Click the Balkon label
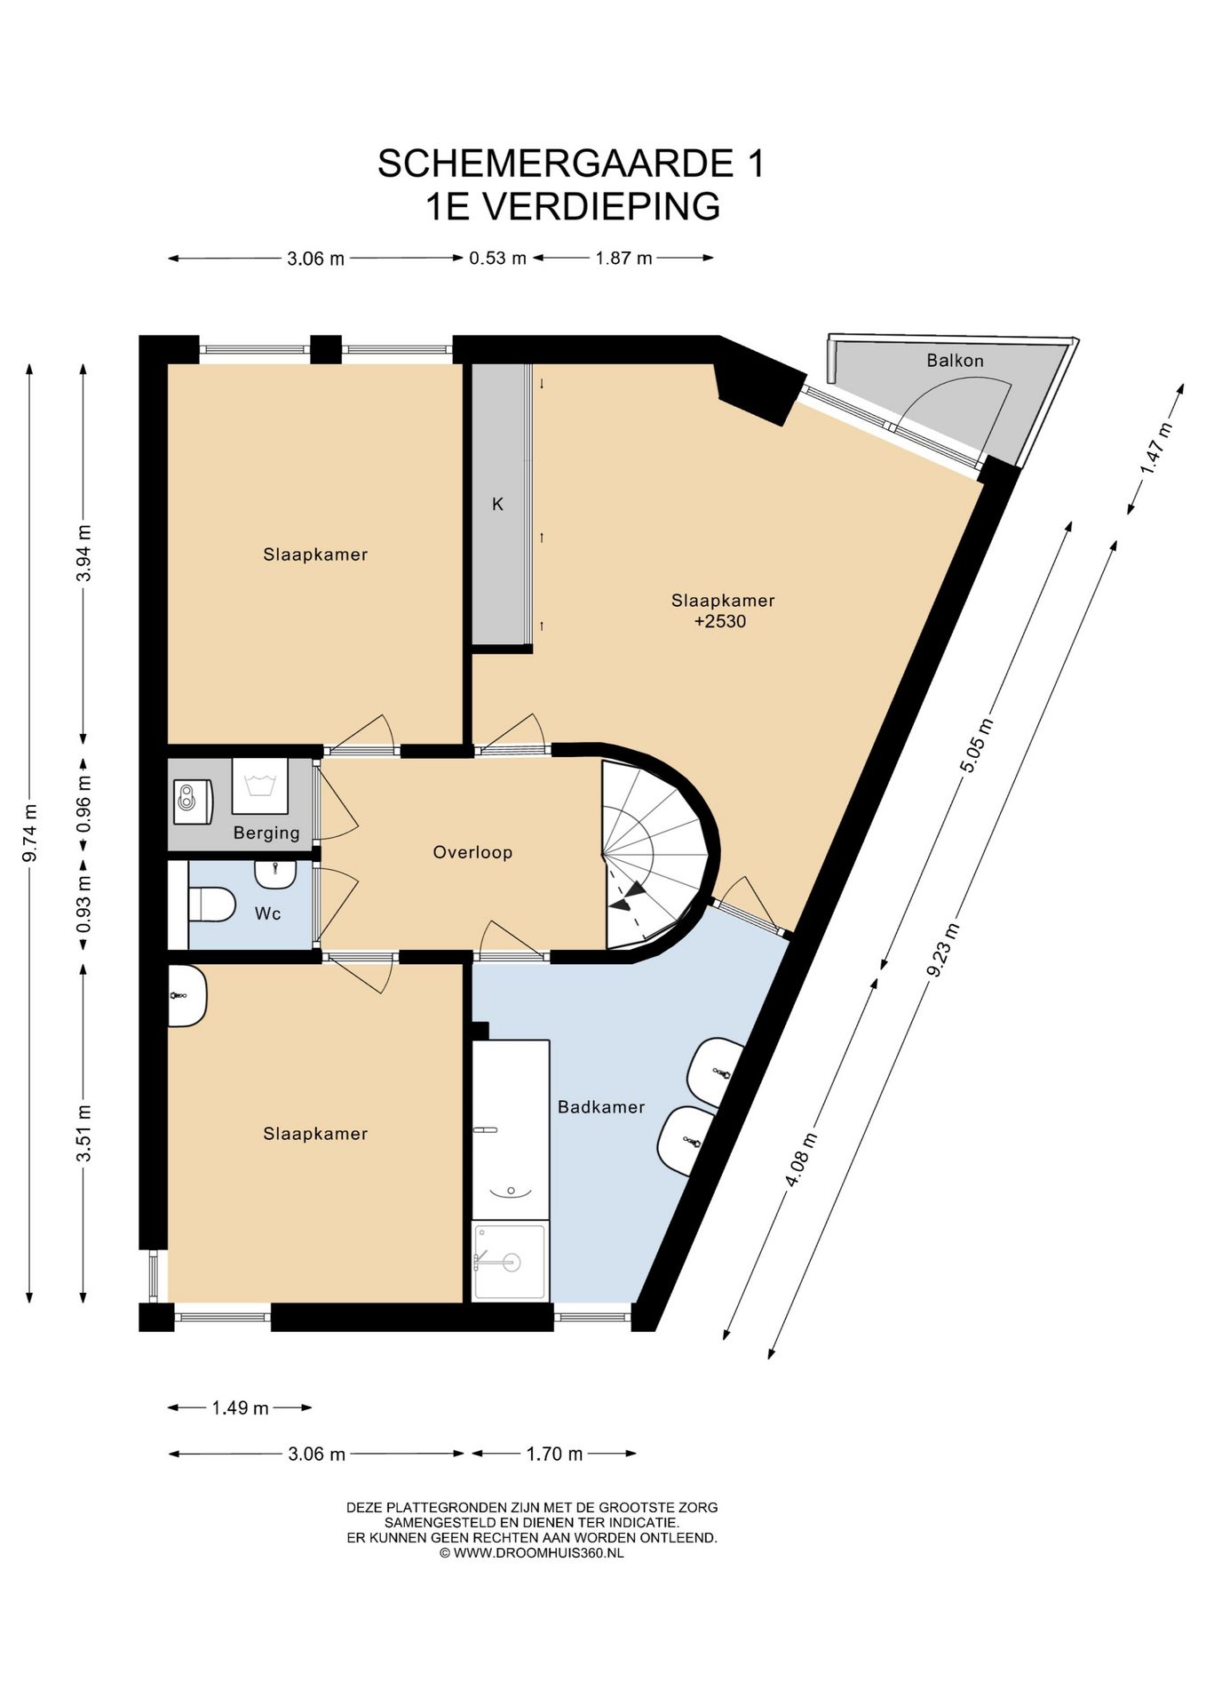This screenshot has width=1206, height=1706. (x=955, y=361)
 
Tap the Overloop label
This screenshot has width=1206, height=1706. (x=472, y=852)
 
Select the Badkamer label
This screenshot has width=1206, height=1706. (x=601, y=1106)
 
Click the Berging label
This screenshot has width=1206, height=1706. (x=266, y=833)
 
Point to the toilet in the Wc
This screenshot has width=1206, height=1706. (x=210, y=905)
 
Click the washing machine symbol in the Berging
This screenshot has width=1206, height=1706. (x=259, y=785)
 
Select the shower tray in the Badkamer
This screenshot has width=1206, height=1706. (x=510, y=1261)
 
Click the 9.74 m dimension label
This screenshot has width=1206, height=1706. (x=29, y=833)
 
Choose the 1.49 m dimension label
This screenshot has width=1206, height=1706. (x=240, y=1407)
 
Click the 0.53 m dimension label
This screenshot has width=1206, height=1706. (x=497, y=258)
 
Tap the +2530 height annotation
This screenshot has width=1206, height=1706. (x=719, y=621)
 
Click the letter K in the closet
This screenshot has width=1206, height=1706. (x=497, y=504)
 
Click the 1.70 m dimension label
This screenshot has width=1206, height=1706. (x=554, y=1454)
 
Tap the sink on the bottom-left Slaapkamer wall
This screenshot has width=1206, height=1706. (x=187, y=996)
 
